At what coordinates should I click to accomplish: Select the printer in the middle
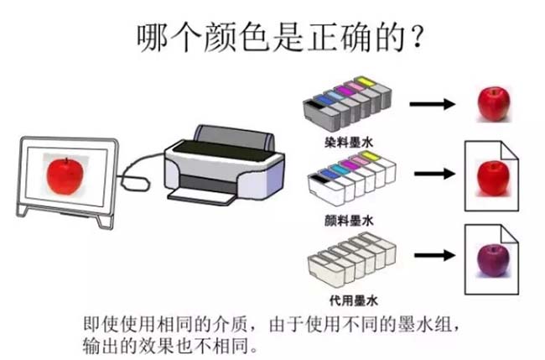(x=220, y=163)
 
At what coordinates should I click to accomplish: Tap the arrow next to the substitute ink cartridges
(x=431, y=254)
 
